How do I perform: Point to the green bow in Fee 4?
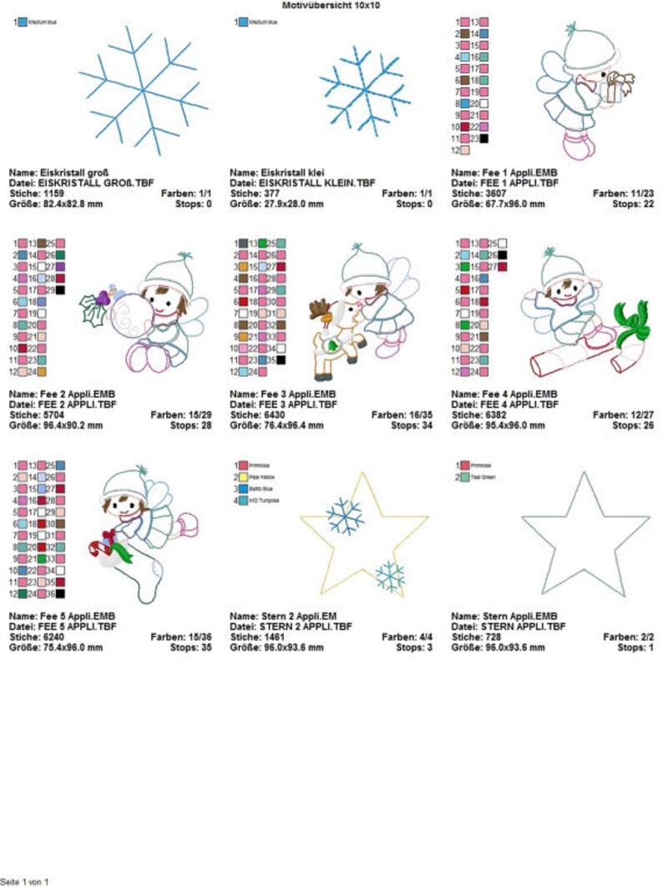[631, 322]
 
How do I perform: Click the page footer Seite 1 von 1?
[25, 881]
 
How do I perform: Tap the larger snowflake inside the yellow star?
[345, 517]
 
